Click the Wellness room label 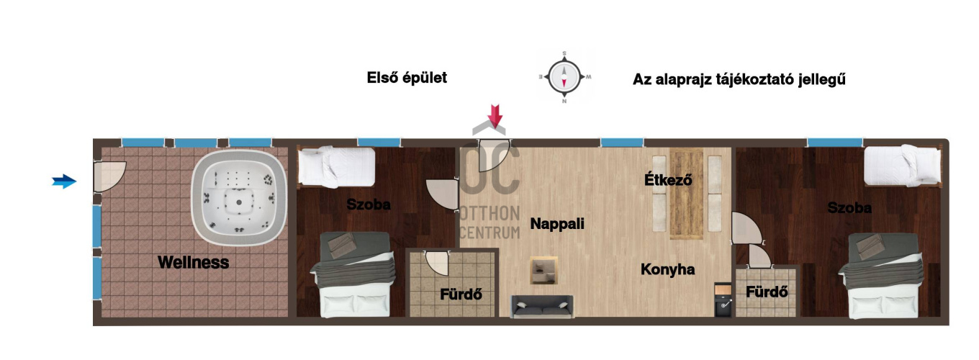pyautogui.click(x=193, y=262)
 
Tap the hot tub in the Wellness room pyautogui.click(x=239, y=197)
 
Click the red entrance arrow pyautogui.click(x=495, y=116)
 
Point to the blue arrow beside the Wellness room pyautogui.click(x=64, y=181)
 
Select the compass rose pyautogui.click(x=564, y=77)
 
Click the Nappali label pyautogui.click(x=557, y=224)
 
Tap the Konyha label pyautogui.click(x=668, y=269)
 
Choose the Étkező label pyautogui.click(x=668, y=179)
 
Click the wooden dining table pyautogui.click(x=687, y=194)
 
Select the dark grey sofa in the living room pyautogui.click(x=542, y=307)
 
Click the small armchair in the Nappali pyautogui.click(x=543, y=271)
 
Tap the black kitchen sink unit pyautogui.click(x=723, y=300)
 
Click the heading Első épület pyautogui.click(x=407, y=78)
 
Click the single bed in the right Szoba pyautogui.click(x=903, y=166)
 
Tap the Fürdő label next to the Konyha pyautogui.click(x=767, y=292)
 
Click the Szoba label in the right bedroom pyautogui.click(x=849, y=208)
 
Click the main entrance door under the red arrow pyautogui.click(x=495, y=156)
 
